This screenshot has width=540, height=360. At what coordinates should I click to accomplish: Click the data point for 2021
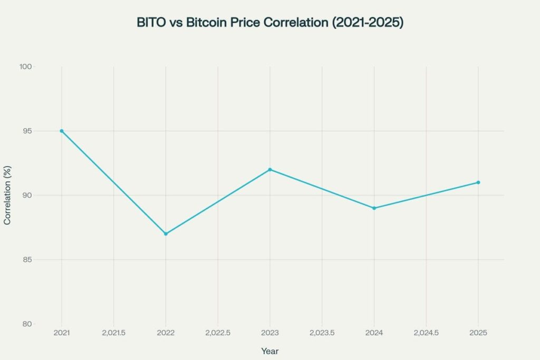tap(62, 131)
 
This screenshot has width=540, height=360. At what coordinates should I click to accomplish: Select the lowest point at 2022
tap(166, 233)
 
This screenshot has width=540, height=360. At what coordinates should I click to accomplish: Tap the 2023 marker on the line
tap(270, 169)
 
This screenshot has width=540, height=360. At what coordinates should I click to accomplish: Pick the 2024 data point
tap(374, 208)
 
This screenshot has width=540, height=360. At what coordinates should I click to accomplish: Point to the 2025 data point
tap(478, 182)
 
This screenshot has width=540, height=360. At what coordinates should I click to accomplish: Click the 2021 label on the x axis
tap(62, 333)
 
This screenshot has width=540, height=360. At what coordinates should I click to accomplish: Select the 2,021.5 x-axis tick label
tap(113, 333)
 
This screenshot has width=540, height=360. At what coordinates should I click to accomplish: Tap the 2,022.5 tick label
tap(218, 333)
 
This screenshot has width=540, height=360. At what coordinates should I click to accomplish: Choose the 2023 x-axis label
tap(270, 333)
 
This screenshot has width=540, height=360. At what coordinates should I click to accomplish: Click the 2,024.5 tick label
tap(426, 333)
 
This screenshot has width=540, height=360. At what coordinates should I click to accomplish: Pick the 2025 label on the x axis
tap(478, 333)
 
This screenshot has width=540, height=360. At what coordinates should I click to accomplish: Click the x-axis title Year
tap(270, 351)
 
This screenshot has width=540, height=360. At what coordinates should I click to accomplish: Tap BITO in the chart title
tap(150, 23)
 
